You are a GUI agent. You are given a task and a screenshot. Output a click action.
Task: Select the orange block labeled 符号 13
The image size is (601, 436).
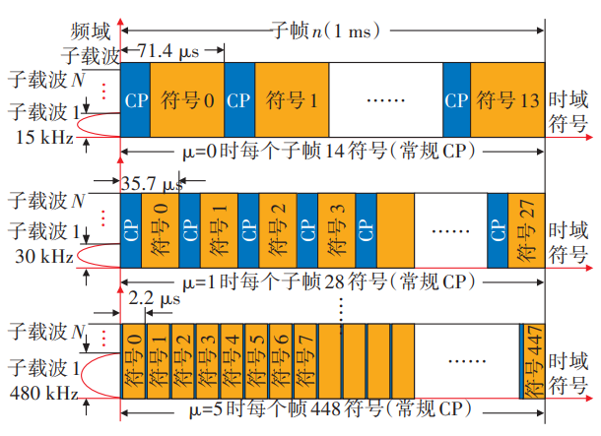507,99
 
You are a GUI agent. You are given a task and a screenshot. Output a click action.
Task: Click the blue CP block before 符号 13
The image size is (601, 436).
455,99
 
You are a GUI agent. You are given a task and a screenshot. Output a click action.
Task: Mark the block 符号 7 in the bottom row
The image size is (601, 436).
306,361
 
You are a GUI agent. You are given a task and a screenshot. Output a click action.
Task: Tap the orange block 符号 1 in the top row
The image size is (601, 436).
291,99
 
